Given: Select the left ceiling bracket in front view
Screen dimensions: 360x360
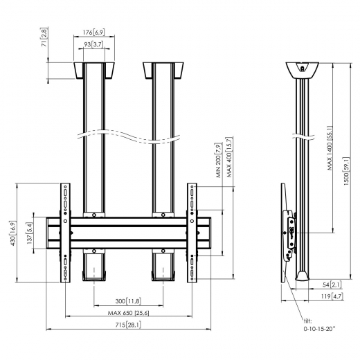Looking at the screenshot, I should tap(93, 71).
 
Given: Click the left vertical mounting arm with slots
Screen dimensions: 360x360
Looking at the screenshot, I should tap(66, 233).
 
